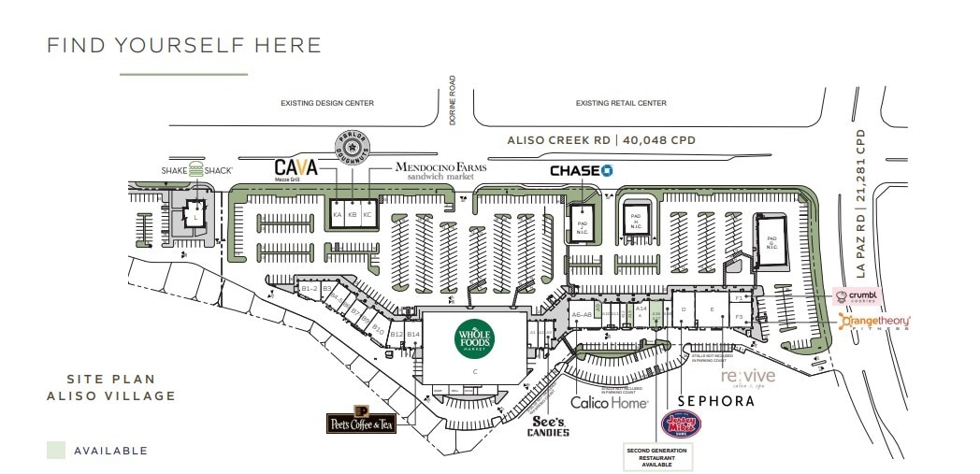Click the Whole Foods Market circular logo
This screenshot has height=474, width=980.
pos(473,338)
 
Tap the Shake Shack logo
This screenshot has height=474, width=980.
pos(195,170)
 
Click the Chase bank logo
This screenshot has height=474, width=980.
pos(581,170)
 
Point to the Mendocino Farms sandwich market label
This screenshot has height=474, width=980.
pos(433,170)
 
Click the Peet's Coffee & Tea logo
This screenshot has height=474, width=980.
pos(361,422)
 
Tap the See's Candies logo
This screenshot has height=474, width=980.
pos(547,425)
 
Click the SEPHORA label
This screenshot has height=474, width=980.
pos(716,401)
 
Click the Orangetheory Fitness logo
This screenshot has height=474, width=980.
pos(874,323)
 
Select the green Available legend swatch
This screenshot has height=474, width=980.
pos(56,450)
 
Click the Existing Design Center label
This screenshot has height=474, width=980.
pos(327,103)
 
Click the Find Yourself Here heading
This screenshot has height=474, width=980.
pos(184,45)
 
